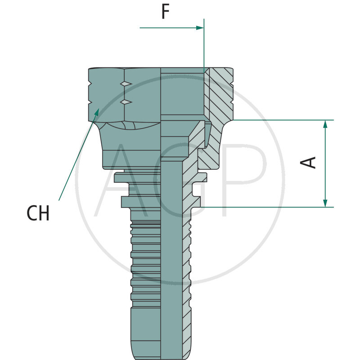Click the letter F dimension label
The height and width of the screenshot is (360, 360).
[166, 12]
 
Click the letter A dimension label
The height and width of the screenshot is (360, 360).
[308, 162]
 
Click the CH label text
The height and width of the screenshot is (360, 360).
[38, 213]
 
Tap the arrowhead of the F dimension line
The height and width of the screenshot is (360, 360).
[200, 28]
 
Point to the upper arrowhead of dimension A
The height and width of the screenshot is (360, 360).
[325, 124]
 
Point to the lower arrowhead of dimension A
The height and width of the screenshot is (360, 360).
[325, 203]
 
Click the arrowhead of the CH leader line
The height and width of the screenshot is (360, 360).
[97, 112]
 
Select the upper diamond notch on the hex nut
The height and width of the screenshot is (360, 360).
[126, 84]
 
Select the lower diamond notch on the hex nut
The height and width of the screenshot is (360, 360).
[126, 102]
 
